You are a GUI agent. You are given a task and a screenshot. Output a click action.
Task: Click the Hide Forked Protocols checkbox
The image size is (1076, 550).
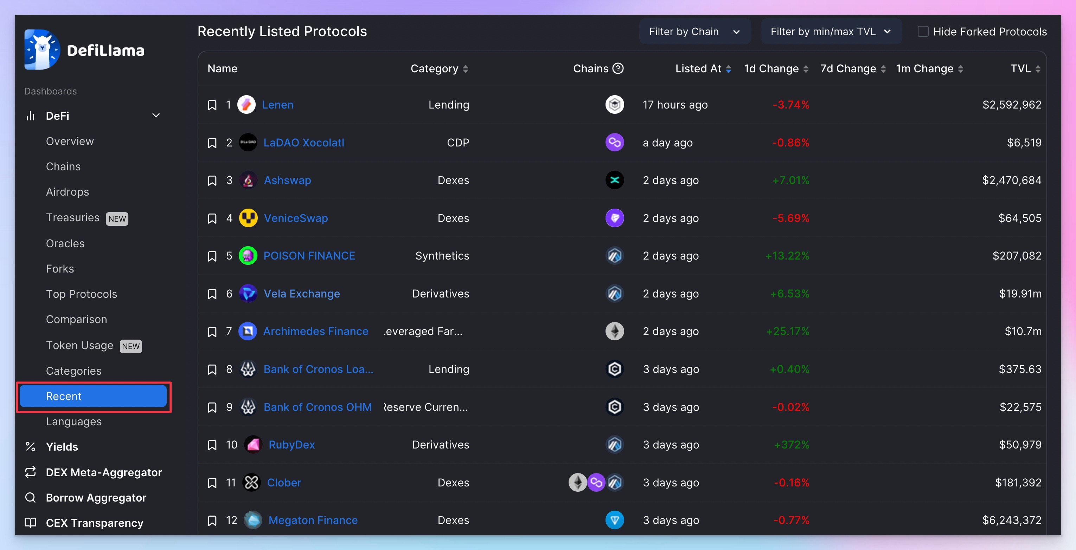pos(923,32)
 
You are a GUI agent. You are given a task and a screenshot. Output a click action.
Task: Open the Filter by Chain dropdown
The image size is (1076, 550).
pos(694,32)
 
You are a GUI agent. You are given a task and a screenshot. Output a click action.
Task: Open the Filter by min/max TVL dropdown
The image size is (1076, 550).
pos(831,32)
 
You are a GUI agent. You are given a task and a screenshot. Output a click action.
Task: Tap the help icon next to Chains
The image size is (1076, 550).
pos(618,68)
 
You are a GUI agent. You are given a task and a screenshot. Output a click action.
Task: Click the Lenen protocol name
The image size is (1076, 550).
pos(277,105)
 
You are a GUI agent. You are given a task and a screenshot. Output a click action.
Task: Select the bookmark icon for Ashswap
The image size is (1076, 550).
pos(212,181)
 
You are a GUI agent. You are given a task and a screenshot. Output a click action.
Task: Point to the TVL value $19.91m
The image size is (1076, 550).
pos(1020,294)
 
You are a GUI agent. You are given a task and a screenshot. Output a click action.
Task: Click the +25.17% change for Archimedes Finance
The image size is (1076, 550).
pos(787,331)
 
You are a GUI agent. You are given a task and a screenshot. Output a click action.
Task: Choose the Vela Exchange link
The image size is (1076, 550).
pos(302,294)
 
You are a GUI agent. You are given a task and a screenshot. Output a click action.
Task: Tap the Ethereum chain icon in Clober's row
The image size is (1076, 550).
pos(578,483)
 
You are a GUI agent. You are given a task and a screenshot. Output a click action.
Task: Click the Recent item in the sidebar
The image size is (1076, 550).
pos(93,396)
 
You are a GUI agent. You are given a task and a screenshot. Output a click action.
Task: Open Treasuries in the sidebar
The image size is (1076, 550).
pos(73,217)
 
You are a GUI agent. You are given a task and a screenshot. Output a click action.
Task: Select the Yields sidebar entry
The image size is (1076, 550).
pos(62,447)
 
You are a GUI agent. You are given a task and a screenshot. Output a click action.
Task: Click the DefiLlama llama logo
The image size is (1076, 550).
pos(42,50)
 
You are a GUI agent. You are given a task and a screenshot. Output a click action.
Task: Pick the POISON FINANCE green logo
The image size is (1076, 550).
pos(248,256)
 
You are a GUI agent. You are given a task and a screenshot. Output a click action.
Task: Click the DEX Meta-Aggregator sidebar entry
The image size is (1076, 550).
pos(104,472)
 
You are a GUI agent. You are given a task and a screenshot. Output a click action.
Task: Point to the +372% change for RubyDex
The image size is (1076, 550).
pos(792,445)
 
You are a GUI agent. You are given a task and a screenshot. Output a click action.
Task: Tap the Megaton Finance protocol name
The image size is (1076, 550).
pos(313,520)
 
